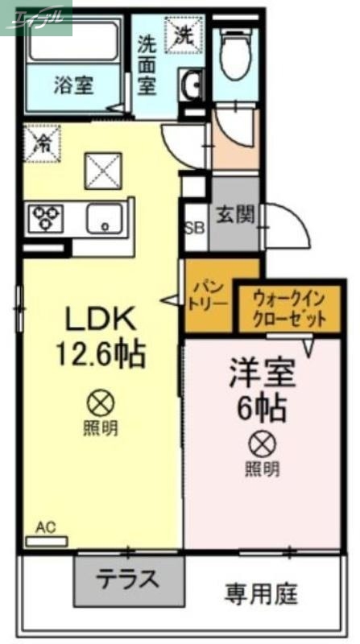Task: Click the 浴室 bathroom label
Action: (x=73, y=85)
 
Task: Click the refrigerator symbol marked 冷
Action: (x=40, y=143)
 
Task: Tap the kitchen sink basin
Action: (x=104, y=218)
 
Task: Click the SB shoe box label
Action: (x=195, y=227)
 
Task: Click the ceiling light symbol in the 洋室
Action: (x=263, y=441)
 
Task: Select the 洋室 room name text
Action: (x=263, y=373)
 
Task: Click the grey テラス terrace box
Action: (x=128, y=579)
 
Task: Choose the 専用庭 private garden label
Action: (x=261, y=596)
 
